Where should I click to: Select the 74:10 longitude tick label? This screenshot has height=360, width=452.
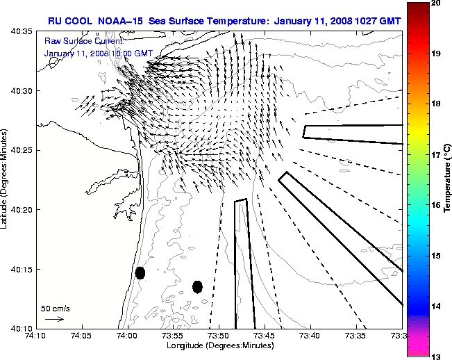click(x=37, y=336)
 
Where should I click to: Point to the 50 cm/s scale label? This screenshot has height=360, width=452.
click(x=56, y=308)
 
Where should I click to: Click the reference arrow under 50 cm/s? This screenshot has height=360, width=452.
click(x=55, y=319)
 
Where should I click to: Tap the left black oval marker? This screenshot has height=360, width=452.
click(x=140, y=272)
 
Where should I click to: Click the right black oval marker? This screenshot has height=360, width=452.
click(x=197, y=286)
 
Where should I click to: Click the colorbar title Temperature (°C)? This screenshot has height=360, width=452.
click(x=448, y=179)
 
